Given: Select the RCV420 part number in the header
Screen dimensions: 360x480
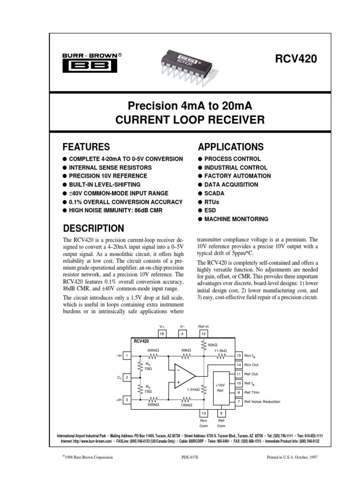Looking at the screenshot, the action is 295,59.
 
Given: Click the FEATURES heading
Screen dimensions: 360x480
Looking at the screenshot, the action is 86,146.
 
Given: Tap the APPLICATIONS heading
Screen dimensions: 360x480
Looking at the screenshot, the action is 231,146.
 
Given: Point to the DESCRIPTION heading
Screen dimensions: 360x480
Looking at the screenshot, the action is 94,228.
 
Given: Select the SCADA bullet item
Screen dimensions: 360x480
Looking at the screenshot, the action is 214,193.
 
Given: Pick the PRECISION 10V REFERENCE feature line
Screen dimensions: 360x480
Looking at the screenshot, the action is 108,176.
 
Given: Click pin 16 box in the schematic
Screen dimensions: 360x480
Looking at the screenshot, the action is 162,333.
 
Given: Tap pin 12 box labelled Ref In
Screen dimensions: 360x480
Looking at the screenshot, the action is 203,333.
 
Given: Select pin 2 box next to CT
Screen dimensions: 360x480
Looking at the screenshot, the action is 127,376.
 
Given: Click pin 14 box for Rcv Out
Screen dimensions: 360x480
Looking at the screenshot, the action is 239,365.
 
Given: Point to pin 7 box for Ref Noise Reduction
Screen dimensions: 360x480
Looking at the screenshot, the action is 239,402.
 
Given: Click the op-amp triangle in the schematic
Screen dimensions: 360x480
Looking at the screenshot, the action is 184,375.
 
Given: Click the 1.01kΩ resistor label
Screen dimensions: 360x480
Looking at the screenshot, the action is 193,390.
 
